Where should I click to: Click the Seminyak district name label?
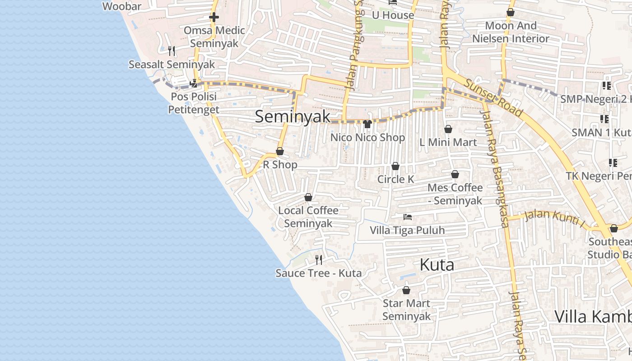pos(293,116)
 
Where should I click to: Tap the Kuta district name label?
pos(437,265)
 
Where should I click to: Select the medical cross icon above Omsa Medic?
pos(214,18)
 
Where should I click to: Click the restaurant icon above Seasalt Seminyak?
pos(172,51)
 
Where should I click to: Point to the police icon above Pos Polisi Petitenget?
pos(194,83)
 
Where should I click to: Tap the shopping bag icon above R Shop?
pos(280,152)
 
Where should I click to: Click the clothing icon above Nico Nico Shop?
pos(367,124)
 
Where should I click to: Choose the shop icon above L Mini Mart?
pos(448,130)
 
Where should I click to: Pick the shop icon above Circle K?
pos(395,167)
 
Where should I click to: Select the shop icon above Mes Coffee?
pos(455,174)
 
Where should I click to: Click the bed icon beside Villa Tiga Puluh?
pos(408,217)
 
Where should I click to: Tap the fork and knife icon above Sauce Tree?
pos(319,259)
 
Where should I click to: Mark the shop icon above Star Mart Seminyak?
pos(406,290)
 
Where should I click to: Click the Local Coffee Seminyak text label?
pos(308,217)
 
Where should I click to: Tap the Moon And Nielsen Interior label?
pos(511,32)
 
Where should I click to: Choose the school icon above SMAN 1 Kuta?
pos(604,120)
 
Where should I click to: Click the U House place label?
pos(393,15)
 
